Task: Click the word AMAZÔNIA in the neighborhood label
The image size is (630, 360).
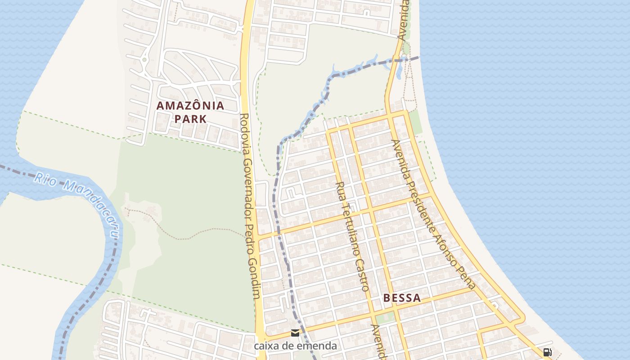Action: (190, 106)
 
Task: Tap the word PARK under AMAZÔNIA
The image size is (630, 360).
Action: (190, 119)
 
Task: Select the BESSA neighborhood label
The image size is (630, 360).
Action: (402, 298)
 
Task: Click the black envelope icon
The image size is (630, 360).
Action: (295, 333)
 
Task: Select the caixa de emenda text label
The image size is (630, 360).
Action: (295, 346)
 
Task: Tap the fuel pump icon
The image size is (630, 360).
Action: (548, 352)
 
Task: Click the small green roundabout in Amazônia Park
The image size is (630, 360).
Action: (144, 59)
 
